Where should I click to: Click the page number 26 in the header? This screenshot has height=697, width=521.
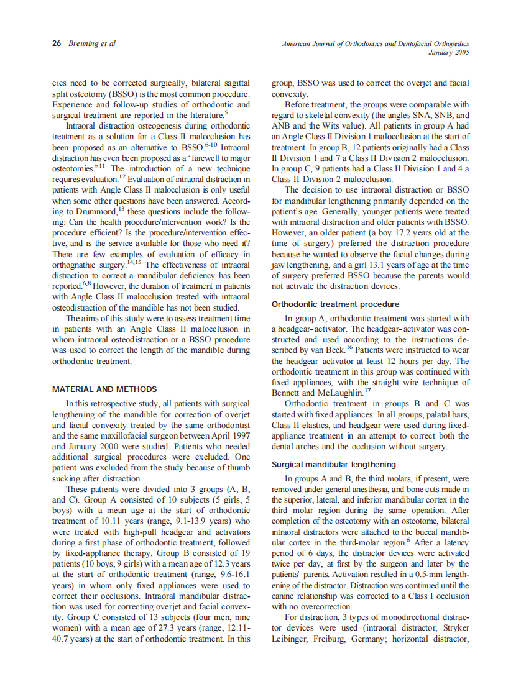(56, 44)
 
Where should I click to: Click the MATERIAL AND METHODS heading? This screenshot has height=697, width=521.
(104, 389)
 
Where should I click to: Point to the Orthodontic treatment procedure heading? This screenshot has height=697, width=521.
(336, 304)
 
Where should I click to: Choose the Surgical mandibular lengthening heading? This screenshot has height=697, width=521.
(334, 465)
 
